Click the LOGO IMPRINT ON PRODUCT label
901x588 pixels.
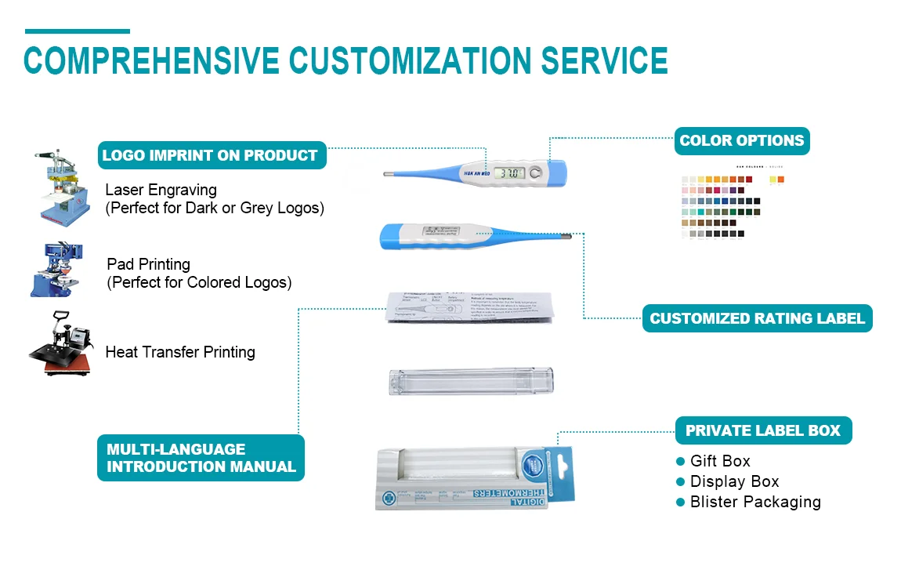pyautogui.click(x=210, y=155)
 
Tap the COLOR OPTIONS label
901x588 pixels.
pyautogui.click(x=741, y=141)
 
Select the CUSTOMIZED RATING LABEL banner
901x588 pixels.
pyautogui.click(x=757, y=318)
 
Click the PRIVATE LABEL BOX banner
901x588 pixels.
pyautogui.click(x=762, y=430)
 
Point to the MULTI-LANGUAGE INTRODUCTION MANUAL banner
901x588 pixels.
pyautogui.click(x=201, y=458)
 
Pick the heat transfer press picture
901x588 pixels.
pyautogui.click(x=60, y=344)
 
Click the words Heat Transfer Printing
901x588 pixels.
pyautogui.click(x=180, y=352)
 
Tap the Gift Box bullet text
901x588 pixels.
pyautogui.click(x=720, y=461)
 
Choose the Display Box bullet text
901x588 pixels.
pyautogui.click(x=734, y=481)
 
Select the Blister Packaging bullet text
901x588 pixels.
pyautogui.click(x=755, y=502)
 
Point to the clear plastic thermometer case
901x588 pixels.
pyautogui.click(x=471, y=379)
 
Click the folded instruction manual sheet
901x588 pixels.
pyautogui.click(x=471, y=307)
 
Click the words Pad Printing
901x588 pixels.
pyautogui.click(x=148, y=264)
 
